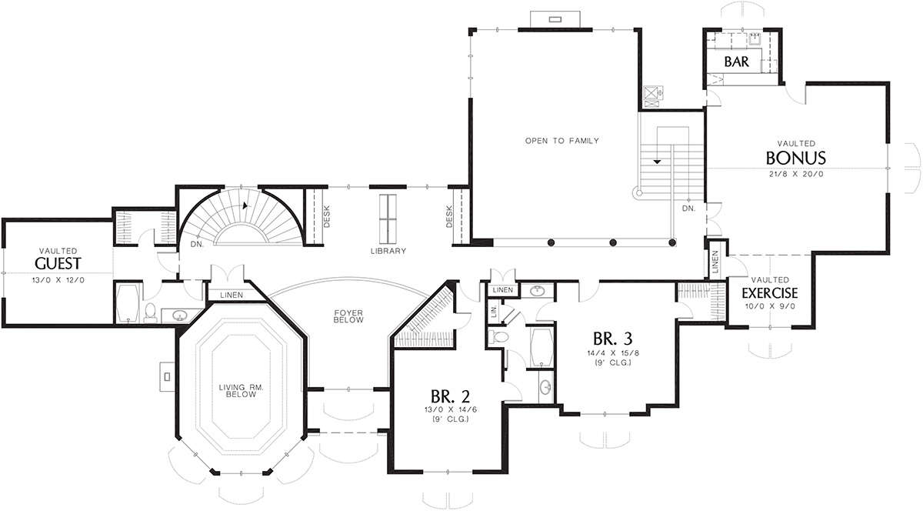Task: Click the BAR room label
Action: (736, 62)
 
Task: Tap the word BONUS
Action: (795, 158)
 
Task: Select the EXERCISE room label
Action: (770, 293)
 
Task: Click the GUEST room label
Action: (58, 263)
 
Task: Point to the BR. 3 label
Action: (613, 339)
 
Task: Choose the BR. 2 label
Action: (451, 396)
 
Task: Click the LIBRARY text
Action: (388, 251)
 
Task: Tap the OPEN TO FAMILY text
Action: (562, 141)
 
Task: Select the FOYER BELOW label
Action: (348, 316)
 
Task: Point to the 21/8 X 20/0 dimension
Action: (796, 174)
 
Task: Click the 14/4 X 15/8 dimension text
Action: (613, 353)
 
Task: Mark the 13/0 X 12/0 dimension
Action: (58, 280)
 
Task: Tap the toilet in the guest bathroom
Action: (151, 312)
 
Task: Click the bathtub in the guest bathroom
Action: (128, 302)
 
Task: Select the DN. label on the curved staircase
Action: (198, 244)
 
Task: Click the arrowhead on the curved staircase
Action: (246, 205)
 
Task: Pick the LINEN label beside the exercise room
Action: (715, 262)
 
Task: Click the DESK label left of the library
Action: (327, 217)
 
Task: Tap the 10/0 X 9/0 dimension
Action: (770, 306)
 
